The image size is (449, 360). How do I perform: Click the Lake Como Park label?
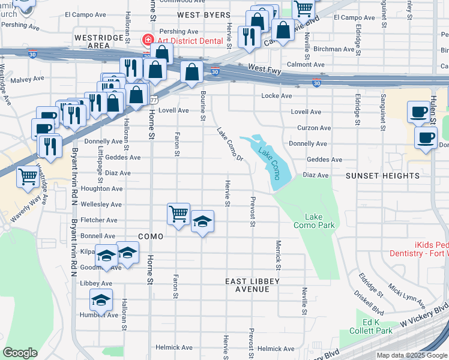click(319, 221)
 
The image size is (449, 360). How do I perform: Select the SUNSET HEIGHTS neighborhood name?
click(382, 175)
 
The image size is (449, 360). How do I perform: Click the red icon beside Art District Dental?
click(146, 40)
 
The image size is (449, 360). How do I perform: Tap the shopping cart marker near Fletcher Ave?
click(179, 214)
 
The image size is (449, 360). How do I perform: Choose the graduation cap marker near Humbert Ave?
click(101, 299)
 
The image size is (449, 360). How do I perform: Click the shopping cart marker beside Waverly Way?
click(28, 177)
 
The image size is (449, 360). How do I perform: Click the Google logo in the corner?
click(20, 353)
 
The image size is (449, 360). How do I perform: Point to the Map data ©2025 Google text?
click(412, 355)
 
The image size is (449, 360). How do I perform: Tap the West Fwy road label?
click(264, 69)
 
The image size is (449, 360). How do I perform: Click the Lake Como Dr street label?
click(230, 145)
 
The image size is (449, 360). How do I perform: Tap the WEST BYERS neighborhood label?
click(203, 15)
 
